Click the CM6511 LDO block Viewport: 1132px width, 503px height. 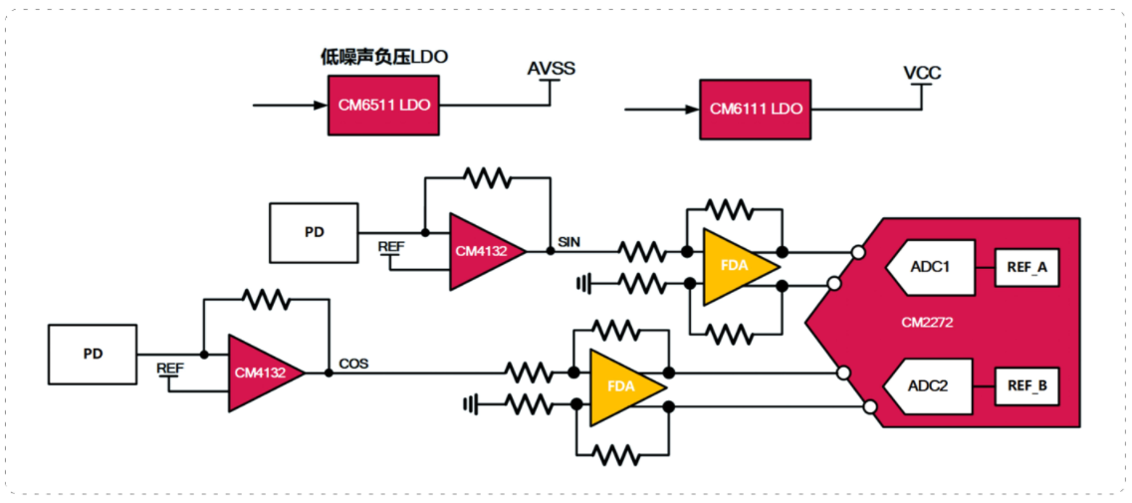383,105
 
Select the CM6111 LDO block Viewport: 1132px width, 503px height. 755,110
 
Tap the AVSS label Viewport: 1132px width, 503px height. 551,70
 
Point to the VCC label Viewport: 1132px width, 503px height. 922,73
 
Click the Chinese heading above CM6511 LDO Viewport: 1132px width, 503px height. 384,57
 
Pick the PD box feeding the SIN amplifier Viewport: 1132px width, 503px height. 314,233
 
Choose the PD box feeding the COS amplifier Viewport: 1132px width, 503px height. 93,355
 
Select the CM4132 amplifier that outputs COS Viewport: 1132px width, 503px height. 267,373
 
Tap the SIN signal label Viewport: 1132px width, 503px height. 569,241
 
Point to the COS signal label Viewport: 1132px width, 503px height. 353,364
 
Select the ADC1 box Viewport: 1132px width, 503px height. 931,267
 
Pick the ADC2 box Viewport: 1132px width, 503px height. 931,386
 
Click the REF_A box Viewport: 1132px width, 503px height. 1026,268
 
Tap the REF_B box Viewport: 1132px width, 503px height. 1026,386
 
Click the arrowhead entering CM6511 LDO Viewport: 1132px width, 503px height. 322,105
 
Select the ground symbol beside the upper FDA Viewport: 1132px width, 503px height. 583,283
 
